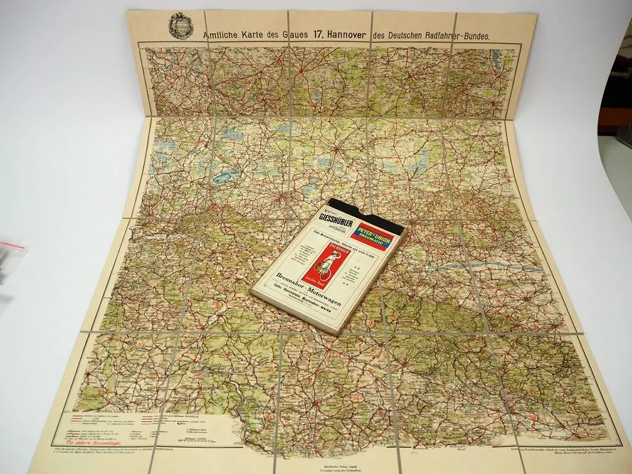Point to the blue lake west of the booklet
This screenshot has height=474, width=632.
click(x=220, y=178)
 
